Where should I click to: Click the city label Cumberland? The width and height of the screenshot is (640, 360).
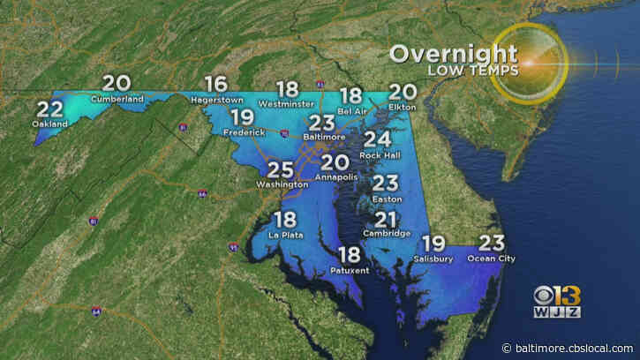click(117, 100)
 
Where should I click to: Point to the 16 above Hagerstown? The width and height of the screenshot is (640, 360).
click(215, 86)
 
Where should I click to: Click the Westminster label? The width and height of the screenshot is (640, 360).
click(288, 104)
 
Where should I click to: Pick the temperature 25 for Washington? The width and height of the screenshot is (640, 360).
click(281, 169)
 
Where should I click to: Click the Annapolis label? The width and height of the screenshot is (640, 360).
click(335, 176)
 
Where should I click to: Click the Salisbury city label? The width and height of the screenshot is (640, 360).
click(433, 259)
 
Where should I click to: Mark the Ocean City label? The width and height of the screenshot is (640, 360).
click(491, 259)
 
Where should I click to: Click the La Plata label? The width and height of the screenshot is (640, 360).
click(284, 236)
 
